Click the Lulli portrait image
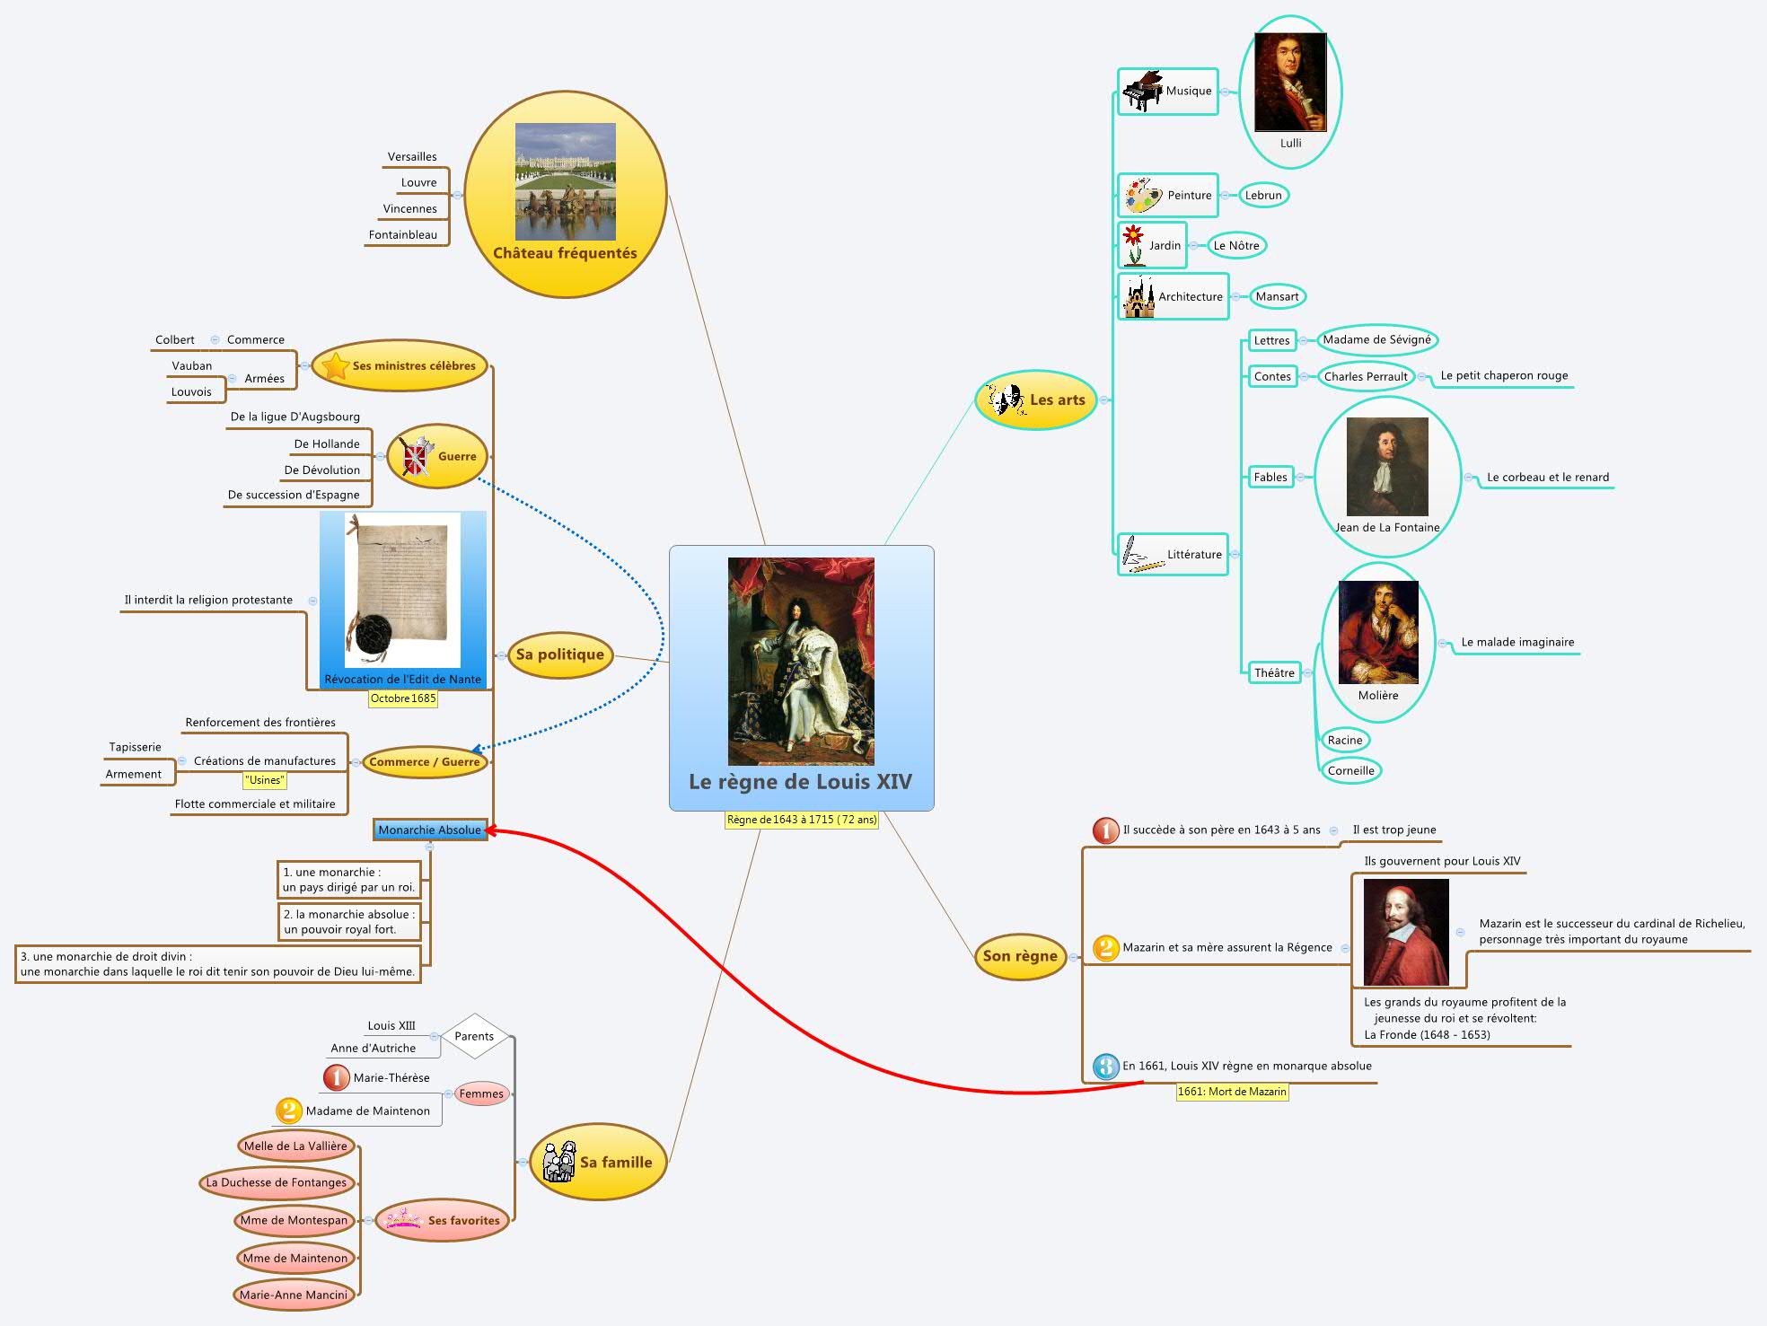pos(1289,83)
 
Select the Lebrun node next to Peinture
pos(1262,195)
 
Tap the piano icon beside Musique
pos(1141,91)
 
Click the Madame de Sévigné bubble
pos(1376,339)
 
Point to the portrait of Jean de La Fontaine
pos(1386,466)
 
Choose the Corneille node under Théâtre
pos(1350,770)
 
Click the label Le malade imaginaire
pos(1516,642)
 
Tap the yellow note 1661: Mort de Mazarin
pos(1232,1092)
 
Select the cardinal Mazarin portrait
pos(1405,932)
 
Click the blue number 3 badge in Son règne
pos(1105,1067)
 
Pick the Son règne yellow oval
pos(1019,956)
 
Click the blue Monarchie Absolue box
pos(429,830)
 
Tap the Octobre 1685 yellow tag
pos(403,698)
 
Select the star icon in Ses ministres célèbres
pos(335,366)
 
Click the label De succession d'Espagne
pos(294,495)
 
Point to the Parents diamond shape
pos(474,1036)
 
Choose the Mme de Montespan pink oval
pos(294,1220)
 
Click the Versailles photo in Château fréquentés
pos(565,180)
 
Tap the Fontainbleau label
pos(402,234)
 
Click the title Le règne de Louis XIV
pos(800,781)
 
